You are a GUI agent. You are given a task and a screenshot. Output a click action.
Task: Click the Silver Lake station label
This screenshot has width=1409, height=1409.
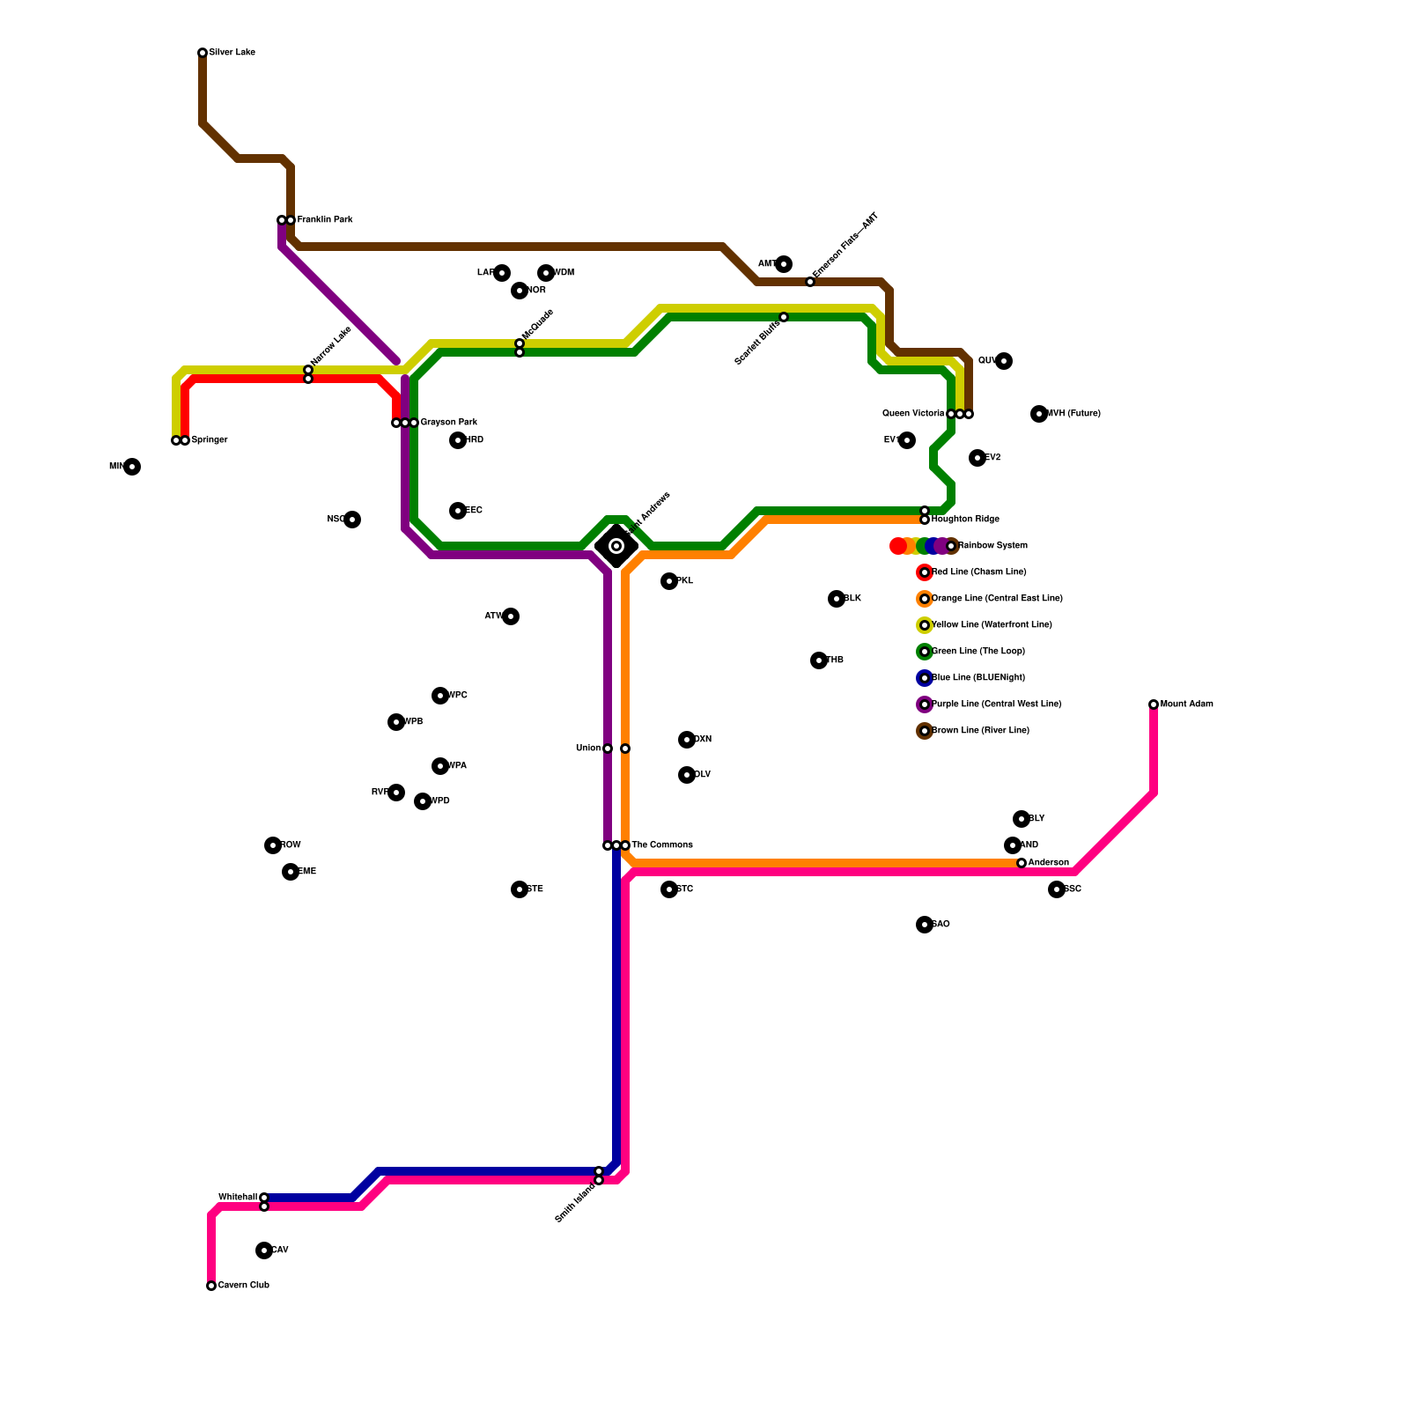click(x=232, y=53)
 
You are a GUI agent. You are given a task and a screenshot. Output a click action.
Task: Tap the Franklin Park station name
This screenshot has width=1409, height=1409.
click(x=324, y=220)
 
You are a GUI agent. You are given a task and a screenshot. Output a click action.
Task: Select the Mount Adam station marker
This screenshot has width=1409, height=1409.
click(x=1154, y=704)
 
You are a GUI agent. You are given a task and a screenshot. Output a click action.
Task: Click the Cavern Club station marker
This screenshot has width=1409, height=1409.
click(x=211, y=1286)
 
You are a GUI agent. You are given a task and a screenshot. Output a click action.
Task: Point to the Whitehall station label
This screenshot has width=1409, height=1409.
click(x=237, y=1198)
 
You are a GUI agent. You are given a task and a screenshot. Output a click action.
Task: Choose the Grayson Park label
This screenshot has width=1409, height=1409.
click(x=448, y=423)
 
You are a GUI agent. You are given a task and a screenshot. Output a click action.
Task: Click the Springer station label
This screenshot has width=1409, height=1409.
click(x=209, y=440)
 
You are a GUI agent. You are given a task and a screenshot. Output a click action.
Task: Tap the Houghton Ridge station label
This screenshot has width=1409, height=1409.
click(x=965, y=520)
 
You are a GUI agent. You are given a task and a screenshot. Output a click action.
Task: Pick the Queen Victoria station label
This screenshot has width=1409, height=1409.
click(x=913, y=414)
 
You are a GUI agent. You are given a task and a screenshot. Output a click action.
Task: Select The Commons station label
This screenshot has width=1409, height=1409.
click(x=661, y=845)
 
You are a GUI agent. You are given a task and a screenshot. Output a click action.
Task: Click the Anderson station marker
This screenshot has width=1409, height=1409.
click(x=1022, y=863)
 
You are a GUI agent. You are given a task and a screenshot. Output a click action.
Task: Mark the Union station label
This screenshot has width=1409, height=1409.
click(x=587, y=749)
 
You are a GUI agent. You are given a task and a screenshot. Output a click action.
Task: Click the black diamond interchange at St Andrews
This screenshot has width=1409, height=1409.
click(x=616, y=546)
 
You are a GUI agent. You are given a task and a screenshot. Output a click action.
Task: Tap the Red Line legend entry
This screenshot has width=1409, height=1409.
click(x=978, y=572)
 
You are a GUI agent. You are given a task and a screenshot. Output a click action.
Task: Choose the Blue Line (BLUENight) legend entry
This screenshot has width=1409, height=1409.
click(x=977, y=678)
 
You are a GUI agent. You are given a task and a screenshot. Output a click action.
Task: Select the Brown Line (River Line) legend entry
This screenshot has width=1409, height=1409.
click(x=980, y=731)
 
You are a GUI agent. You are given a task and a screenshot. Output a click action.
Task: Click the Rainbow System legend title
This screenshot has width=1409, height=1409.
click(x=992, y=546)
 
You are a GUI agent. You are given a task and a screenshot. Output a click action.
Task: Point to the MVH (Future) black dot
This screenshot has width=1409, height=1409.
click(x=1039, y=414)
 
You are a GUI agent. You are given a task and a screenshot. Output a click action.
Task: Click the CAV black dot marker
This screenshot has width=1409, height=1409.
click(x=264, y=1250)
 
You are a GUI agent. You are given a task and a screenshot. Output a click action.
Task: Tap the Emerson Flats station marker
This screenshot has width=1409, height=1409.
click(x=810, y=282)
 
